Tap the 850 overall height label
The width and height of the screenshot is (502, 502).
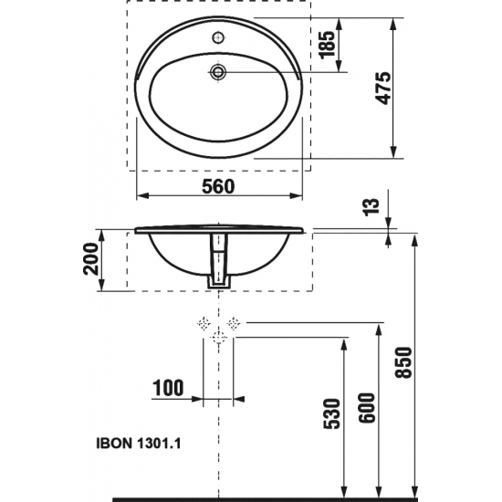pos(403,365)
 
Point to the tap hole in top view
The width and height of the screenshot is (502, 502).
pos(218,38)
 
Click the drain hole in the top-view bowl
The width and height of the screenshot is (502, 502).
pos(218,71)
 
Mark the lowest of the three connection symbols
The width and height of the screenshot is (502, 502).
pos(218,338)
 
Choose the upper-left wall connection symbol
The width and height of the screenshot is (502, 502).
pos(203,322)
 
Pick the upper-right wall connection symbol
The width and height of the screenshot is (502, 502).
pos(235,322)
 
